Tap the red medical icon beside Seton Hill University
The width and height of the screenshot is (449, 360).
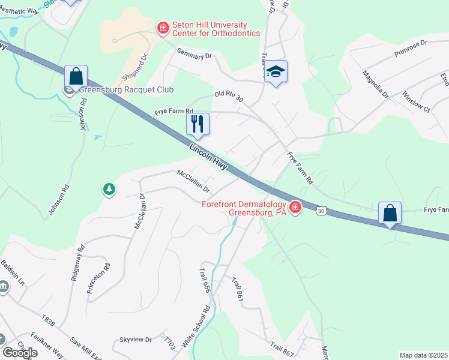163,28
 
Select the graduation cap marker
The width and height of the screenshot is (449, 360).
276,72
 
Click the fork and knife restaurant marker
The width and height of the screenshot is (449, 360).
197,124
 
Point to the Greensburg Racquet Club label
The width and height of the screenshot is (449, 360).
126,90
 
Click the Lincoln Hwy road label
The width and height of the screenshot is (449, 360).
208,158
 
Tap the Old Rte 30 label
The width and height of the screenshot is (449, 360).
229,97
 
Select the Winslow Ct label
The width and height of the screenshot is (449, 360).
417,101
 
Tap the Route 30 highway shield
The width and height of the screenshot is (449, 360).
322,211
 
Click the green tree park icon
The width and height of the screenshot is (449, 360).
109,190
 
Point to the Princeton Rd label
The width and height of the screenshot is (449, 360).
99,278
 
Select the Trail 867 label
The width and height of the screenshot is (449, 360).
282,347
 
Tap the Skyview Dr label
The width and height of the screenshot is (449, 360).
135,340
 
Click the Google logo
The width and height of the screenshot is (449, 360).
20,353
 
